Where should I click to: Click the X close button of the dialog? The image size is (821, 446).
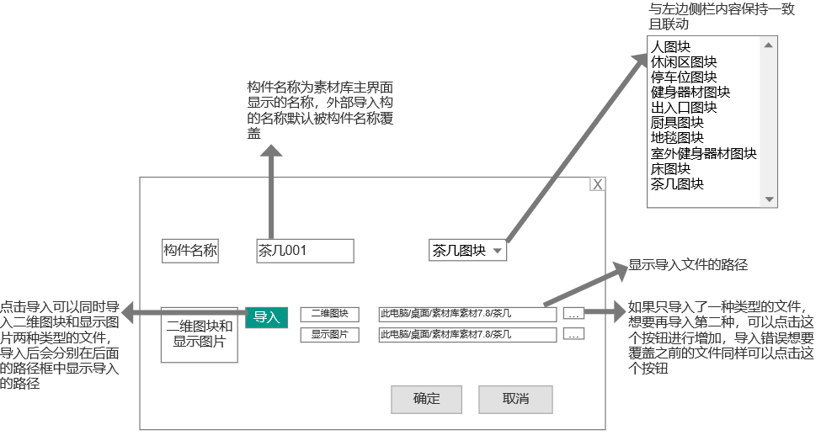pyautogui.click(x=597, y=185)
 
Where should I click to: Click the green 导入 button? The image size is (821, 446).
pyautogui.click(x=266, y=316)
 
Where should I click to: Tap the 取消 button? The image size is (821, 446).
pyautogui.click(x=515, y=399)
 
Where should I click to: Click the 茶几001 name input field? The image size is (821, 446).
pyautogui.click(x=305, y=250)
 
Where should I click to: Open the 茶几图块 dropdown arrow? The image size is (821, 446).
pyautogui.click(x=497, y=251)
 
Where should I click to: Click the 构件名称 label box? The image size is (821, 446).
pyautogui.click(x=190, y=250)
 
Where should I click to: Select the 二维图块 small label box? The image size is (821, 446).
pyautogui.click(x=329, y=314)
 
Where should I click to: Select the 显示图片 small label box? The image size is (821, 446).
pyautogui.click(x=329, y=335)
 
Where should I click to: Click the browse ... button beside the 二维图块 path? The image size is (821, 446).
pyautogui.click(x=573, y=314)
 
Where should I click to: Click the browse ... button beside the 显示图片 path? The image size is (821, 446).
pyautogui.click(x=573, y=335)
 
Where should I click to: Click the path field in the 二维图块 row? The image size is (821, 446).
pyautogui.click(x=467, y=314)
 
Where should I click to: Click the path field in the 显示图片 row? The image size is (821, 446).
pyautogui.click(x=467, y=335)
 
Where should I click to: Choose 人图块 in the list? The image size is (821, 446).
pyautogui.click(x=671, y=47)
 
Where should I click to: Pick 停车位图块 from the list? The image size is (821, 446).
pyautogui.click(x=683, y=77)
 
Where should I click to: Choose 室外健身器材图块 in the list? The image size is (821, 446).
pyautogui.click(x=704, y=153)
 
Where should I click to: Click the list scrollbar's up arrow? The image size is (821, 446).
pyautogui.click(x=769, y=45)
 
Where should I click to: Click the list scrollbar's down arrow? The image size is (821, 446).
pyautogui.click(x=769, y=199)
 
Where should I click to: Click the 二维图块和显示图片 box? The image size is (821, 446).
pyautogui.click(x=199, y=333)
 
